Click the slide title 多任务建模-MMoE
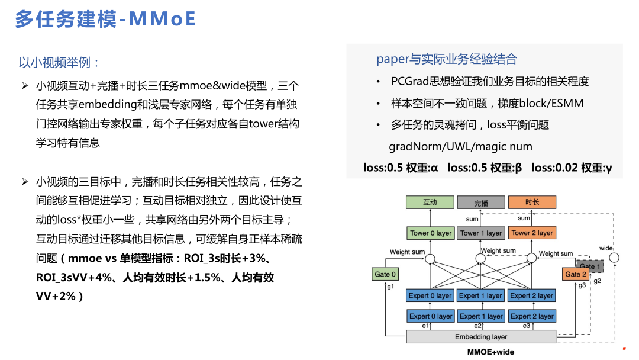click(105, 19)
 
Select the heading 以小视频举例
click(59, 62)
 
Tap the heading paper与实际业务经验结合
click(447, 59)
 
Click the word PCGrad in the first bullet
click(411, 81)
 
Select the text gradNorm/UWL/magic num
click(460, 146)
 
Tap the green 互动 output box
click(430, 202)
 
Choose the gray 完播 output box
click(481, 202)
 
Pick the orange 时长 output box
click(532, 202)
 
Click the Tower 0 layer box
click(430, 233)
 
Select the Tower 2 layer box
click(532, 233)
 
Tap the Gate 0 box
click(385, 274)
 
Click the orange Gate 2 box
click(575, 274)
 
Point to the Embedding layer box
click(481, 337)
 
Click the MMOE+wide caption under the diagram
click(490, 352)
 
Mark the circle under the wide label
click(614, 258)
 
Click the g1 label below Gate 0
click(390, 287)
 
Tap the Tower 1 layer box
click(481, 233)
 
